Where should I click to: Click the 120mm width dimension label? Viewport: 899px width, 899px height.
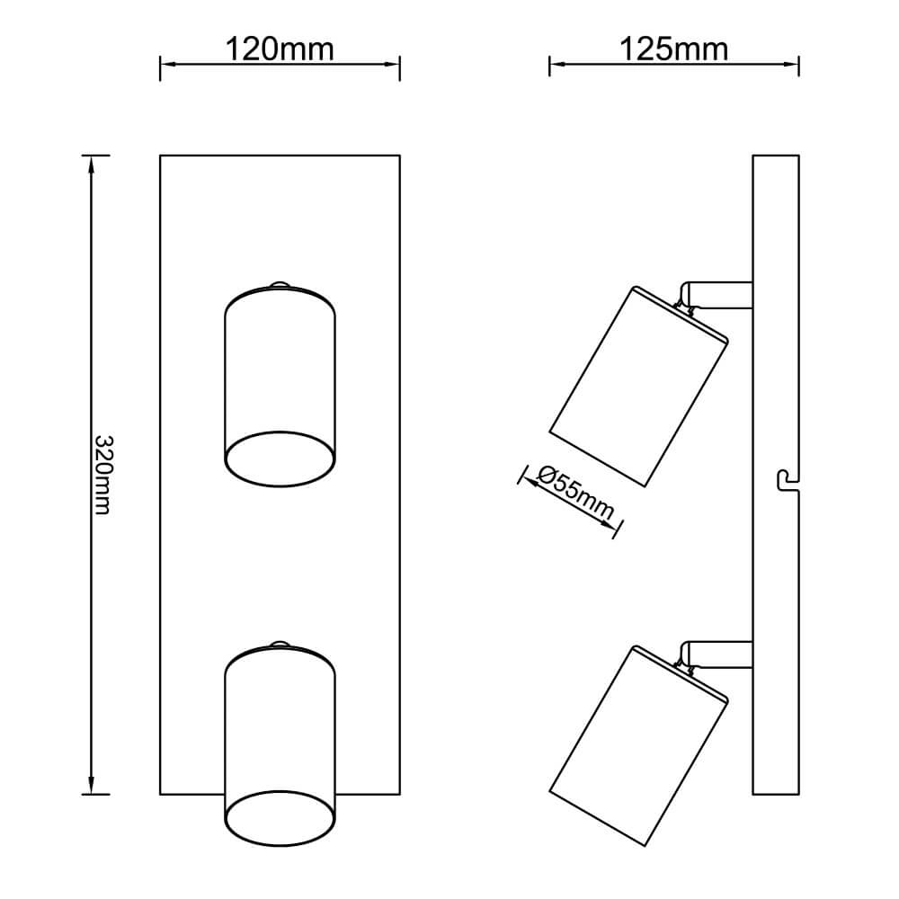pyautogui.click(x=280, y=49)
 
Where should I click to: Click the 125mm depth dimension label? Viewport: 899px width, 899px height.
pyautogui.click(x=673, y=49)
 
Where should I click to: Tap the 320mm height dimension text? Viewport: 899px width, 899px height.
pyautogui.click(x=103, y=475)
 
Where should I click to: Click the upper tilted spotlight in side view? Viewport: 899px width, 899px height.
pyautogui.click(x=637, y=387)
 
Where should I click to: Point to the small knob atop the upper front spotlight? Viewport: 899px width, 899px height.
pyautogui.click(x=280, y=285)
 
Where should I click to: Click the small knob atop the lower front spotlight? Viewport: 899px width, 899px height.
pyautogui.click(x=280, y=644)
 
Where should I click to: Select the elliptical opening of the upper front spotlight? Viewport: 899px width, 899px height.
pyautogui.click(x=280, y=458)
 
